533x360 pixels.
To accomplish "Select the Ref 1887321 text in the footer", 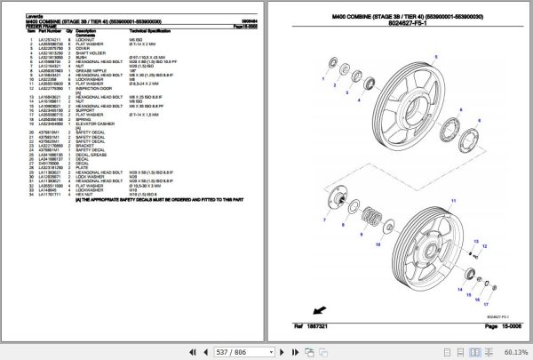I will [300, 327].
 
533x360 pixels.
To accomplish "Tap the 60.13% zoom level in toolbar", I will [514, 351].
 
